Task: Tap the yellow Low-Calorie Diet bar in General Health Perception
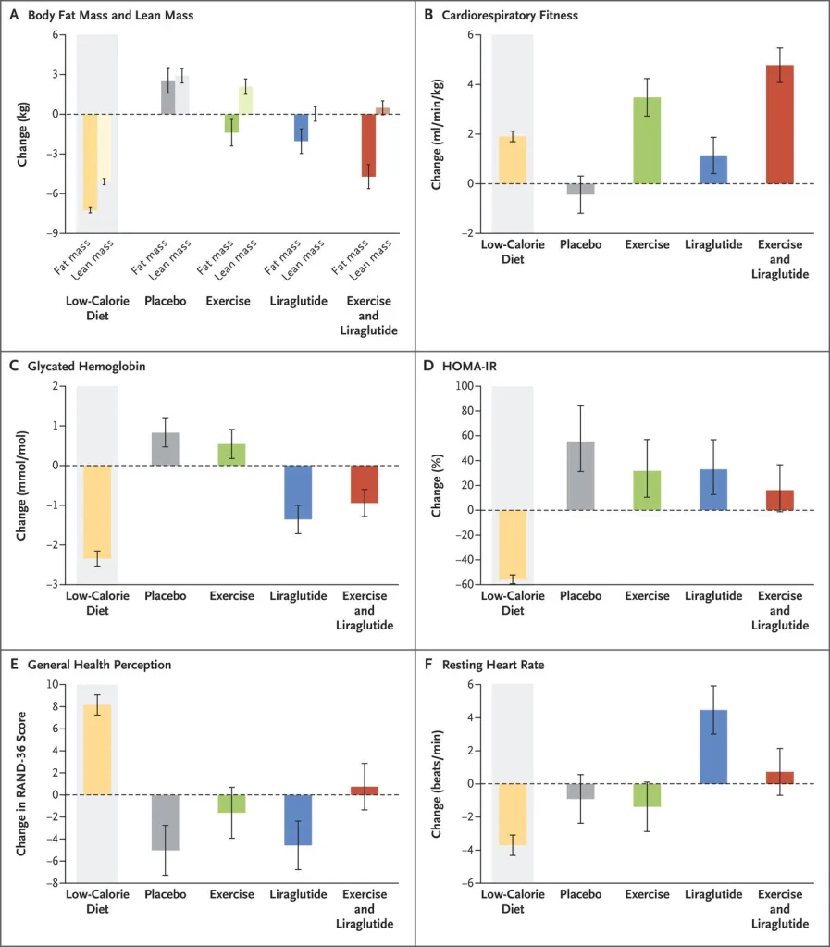(97, 750)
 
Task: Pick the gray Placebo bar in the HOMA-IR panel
(580, 475)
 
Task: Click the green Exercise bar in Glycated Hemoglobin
(231, 455)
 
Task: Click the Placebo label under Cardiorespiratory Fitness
(580, 245)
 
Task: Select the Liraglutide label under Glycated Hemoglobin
(298, 596)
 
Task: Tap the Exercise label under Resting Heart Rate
(647, 894)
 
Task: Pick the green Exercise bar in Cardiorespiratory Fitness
(647, 140)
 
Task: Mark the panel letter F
(427, 664)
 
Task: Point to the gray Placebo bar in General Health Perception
(165, 822)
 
